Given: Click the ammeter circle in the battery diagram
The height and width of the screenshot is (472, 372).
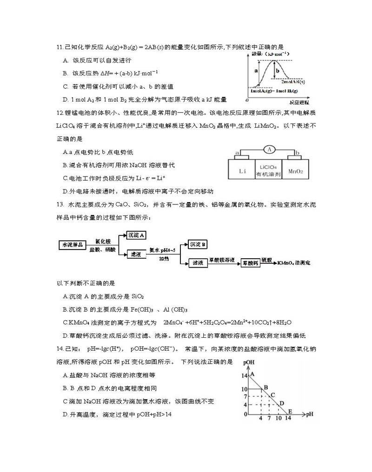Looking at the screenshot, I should click(268, 150).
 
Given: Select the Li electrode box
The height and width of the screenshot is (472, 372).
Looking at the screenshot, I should click(241, 170).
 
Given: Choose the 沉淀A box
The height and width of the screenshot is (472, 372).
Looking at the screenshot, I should click(136, 236).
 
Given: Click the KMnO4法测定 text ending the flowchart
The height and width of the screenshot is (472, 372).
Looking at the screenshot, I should click(294, 263).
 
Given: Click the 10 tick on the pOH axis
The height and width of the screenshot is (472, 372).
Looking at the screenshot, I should click(245, 389).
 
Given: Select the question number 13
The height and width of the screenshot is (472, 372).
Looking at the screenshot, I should click(59, 204).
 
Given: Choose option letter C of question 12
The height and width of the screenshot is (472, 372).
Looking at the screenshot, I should click(65, 178).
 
